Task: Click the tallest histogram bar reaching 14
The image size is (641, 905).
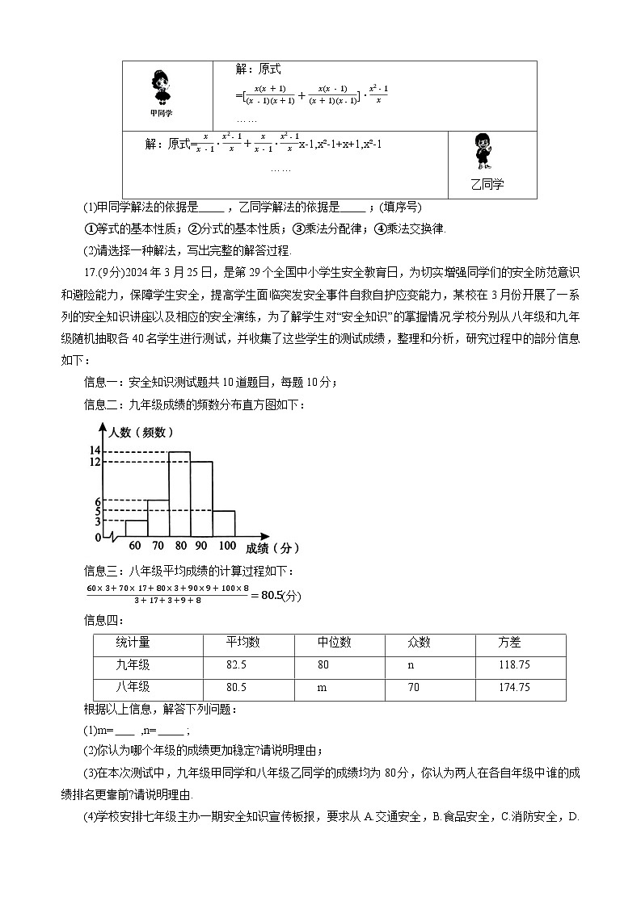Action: [179, 493]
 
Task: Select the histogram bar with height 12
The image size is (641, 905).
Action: [201, 498]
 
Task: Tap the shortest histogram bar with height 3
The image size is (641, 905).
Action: [137, 528]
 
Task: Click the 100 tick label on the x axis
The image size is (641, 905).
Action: [227, 547]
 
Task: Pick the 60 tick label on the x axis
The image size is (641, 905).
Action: [134, 547]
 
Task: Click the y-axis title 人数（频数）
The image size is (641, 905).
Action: [142, 432]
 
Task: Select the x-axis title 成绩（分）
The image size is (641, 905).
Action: [271, 548]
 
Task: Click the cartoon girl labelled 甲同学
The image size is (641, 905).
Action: [160, 87]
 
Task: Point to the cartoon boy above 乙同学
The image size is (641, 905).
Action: [486, 153]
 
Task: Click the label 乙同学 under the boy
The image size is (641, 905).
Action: [487, 184]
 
